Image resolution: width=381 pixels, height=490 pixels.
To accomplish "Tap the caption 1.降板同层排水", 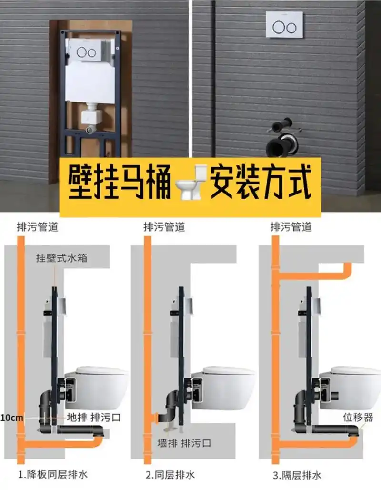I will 53,475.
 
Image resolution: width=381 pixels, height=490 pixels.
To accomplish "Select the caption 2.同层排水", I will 170,475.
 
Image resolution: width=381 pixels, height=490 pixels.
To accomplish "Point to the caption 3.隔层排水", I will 297,475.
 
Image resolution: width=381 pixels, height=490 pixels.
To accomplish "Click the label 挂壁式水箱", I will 62,258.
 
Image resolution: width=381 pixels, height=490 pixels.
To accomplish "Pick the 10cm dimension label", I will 11,418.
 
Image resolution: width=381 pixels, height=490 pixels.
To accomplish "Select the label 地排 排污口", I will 93,418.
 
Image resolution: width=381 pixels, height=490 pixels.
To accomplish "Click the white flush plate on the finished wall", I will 284,25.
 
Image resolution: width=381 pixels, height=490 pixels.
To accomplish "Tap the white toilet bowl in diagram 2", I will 228,386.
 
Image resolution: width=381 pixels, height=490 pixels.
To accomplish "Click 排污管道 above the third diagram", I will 291,227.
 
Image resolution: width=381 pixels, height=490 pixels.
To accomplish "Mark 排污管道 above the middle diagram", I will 164,227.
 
